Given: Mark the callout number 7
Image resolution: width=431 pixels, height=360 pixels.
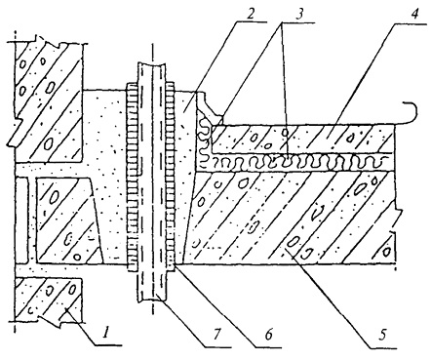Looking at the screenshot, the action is pos(216,334).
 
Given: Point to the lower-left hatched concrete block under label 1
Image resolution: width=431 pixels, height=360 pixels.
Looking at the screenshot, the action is pos(48,300).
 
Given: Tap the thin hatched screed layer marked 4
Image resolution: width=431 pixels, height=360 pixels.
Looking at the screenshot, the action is pos(302,139).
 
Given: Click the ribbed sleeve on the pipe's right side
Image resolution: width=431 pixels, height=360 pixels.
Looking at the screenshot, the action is pos(171,177).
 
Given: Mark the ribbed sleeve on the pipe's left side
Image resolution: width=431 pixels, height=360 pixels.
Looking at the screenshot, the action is pos(133,177).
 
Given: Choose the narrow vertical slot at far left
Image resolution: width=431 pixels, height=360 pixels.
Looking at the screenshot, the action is pos(22,220).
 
